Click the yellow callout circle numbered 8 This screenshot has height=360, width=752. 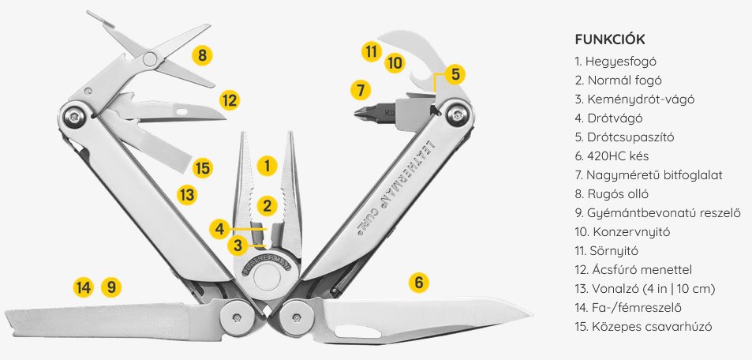[x=202, y=55]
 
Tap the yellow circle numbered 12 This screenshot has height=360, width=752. [x=230, y=101]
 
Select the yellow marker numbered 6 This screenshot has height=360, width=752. [x=419, y=283]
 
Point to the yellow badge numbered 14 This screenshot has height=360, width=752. [x=83, y=287]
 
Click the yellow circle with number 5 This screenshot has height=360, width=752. [x=455, y=74]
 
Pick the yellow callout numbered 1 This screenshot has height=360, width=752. [x=268, y=166]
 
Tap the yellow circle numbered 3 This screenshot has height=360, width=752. [x=238, y=246]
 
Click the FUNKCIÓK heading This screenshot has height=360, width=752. [x=609, y=39]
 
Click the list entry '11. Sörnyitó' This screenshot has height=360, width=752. [x=606, y=250]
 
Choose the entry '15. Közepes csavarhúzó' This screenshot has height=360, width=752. [x=643, y=327]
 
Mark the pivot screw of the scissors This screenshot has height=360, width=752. [x=150, y=59]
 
